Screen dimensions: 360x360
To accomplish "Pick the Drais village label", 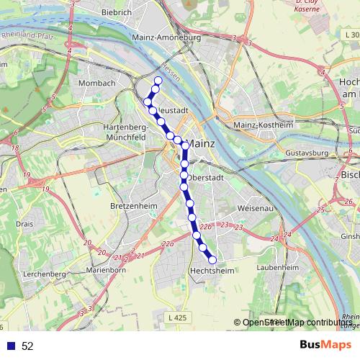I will [x=24, y=224].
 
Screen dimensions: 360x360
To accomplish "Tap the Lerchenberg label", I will [x=44, y=274].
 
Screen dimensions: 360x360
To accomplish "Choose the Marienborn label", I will [x=106, y=270].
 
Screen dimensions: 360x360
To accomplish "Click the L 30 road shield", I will [x=351, y=35].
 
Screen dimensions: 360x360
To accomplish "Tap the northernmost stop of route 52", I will [x=158, y=80].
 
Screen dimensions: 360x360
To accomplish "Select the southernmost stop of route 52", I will [x=212, y=260].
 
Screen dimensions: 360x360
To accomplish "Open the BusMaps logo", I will [x=326, y=345].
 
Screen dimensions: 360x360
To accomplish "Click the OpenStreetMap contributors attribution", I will [x=297, y=323].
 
